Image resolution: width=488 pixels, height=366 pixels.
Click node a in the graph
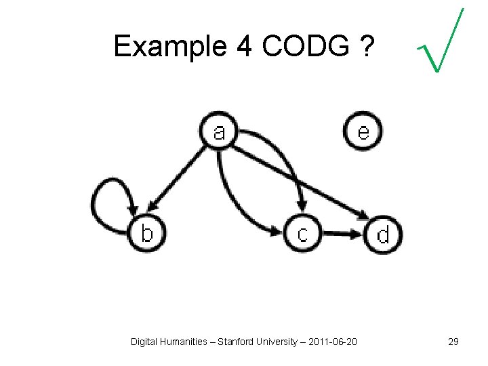[x=218, y=131]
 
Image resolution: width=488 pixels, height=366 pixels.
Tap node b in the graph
[x=147, y=234]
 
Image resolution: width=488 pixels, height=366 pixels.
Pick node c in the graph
[x=302, y=234]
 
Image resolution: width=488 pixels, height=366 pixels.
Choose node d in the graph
[x=383, y=235]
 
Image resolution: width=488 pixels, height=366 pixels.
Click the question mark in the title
[x=365, y=46]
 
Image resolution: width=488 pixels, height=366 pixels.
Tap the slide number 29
[x=453, y=342]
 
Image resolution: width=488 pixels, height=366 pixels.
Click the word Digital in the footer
[x=144, y=342]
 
